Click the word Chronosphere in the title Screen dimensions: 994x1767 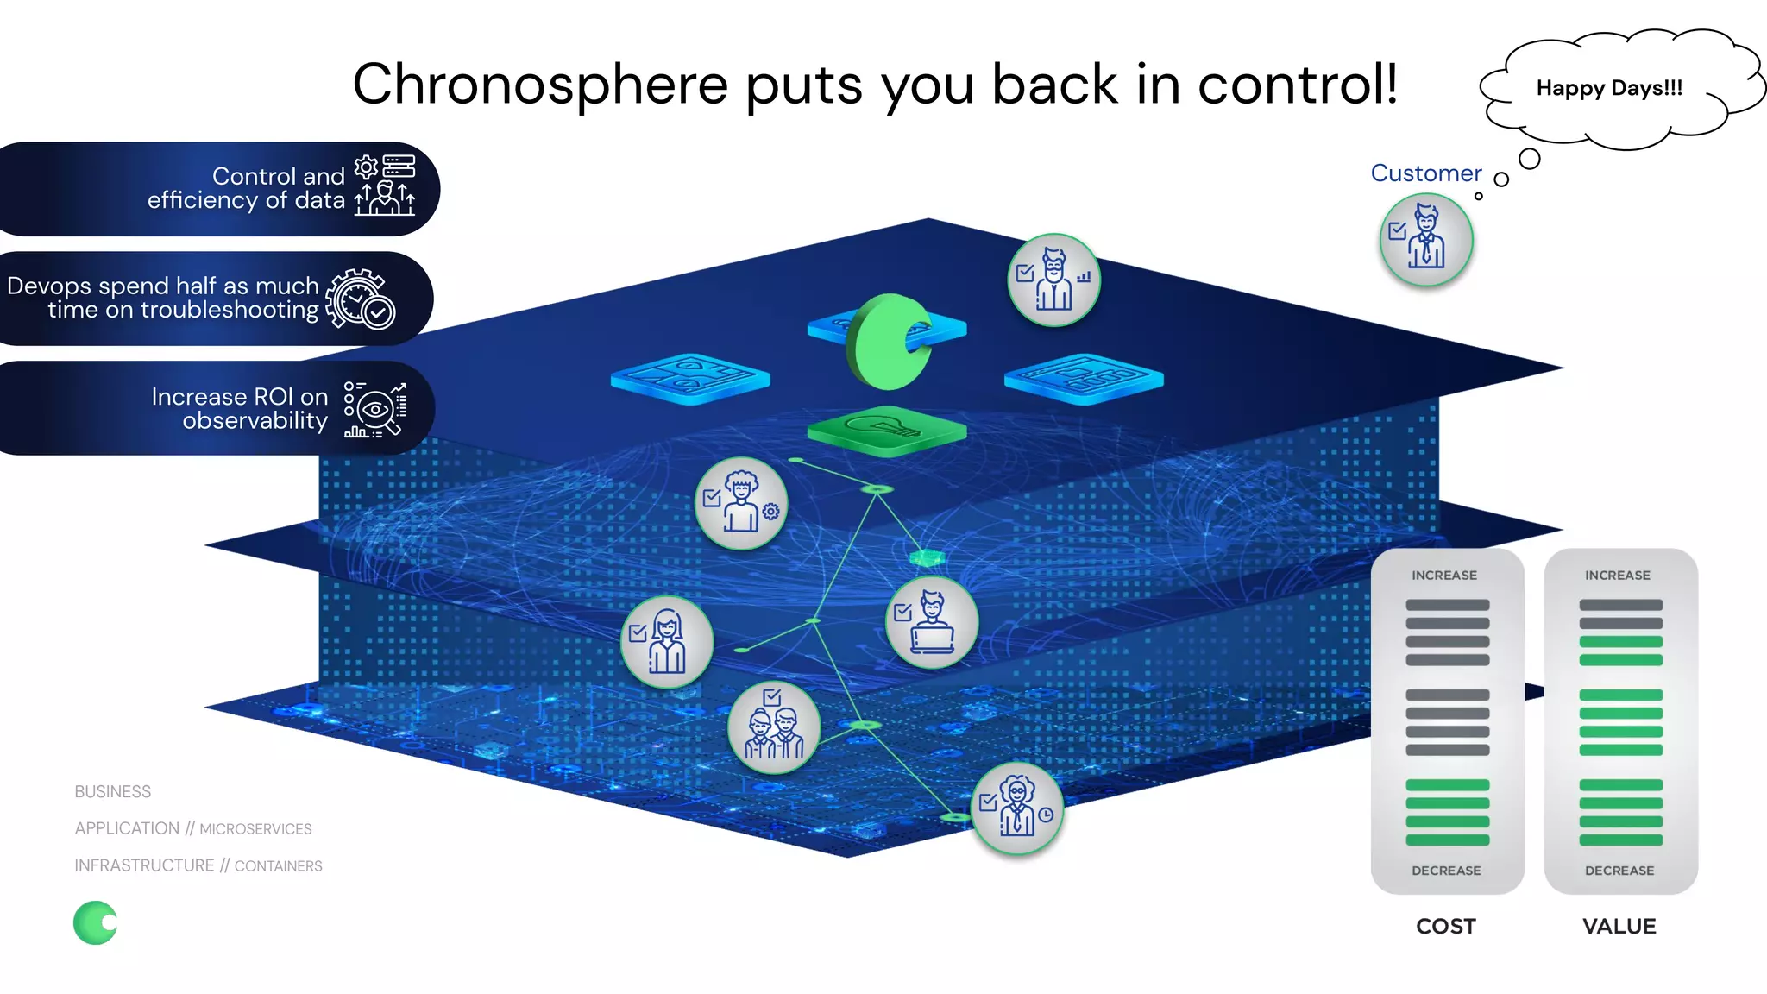(541, 85)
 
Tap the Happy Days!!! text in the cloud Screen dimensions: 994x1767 (1609, 88)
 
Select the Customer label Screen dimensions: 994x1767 (1425, 173)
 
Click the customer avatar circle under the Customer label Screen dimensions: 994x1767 (1426, 240)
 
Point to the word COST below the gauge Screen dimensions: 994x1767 (1446, 926)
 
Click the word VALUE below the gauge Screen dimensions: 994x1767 (1619, 926)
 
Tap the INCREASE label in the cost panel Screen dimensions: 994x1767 (1444, 576)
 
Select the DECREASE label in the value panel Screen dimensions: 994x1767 (1619, 871)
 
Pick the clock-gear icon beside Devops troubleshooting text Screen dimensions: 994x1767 (361, 299)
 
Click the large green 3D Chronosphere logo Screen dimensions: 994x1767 (889, 342)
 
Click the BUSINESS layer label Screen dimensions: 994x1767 (113, 792)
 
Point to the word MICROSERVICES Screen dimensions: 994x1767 (255, 829)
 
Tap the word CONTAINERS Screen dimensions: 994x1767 (278, 866)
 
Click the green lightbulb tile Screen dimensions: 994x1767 (886, 428)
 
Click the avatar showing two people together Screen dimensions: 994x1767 (774, 727)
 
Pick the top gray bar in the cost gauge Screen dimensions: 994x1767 (1447, 605)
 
